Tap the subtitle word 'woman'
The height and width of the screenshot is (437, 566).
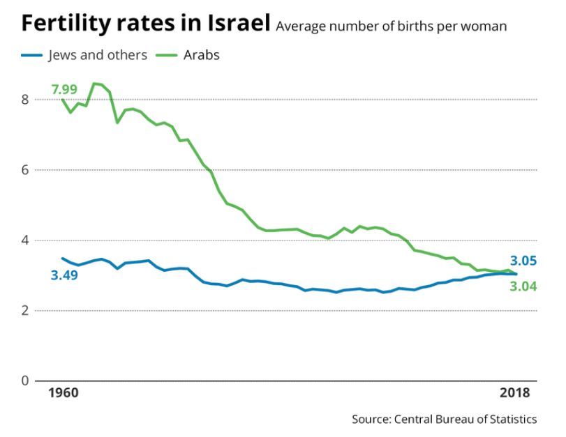tap(486, 26)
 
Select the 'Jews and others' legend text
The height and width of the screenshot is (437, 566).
tap(98, 55)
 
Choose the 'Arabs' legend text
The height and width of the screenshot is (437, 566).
tap(202, 55)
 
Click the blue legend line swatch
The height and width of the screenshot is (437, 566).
tap(33, 55)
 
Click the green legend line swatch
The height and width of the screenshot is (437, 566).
tap(167, 55)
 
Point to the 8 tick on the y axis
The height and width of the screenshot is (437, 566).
tap(24, 100)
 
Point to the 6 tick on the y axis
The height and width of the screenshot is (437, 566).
tap(24, 170)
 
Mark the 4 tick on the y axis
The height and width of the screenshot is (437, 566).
tap(24, 240)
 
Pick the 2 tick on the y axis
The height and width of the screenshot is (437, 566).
tap(24, 311)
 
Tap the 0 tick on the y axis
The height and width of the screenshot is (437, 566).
tap(24, 381)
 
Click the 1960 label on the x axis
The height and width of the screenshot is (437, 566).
tap(64, 393)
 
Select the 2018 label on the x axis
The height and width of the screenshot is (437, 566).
tap(515, 393)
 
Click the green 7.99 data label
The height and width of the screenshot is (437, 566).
tap(64, 89)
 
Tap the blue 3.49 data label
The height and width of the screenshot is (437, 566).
tap(64, 275)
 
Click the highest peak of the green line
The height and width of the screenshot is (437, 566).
tap(95, 84)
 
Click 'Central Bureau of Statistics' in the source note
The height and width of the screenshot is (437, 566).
tap(466, 419)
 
